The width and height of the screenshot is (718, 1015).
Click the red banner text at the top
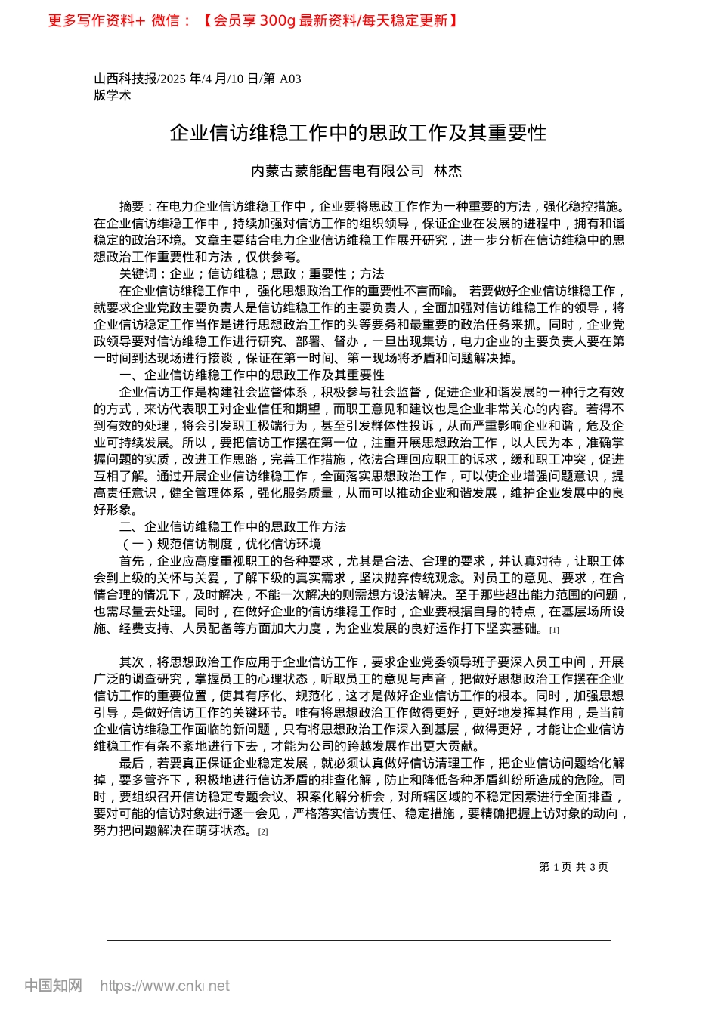point(252,20)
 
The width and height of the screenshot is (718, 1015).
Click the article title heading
point(358,133)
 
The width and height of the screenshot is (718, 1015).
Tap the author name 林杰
point(447,171)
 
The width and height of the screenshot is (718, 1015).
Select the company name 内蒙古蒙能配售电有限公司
point(337,171)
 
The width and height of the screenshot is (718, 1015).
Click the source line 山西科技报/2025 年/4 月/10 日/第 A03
point(197,79)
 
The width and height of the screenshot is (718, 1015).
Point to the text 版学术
point(112,95)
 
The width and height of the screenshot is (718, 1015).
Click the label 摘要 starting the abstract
point(132,206)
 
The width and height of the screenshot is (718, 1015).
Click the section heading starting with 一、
point(252,375)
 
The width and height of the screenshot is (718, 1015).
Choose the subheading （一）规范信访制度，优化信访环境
point(220,544)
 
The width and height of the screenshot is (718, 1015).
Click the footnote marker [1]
point(554,630)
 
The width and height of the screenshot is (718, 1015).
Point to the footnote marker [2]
point(263,832)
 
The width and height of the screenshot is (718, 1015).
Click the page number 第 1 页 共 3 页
point(573,867)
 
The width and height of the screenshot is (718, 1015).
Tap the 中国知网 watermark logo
point(53,986)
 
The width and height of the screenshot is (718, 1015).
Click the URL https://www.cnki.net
point(165,986)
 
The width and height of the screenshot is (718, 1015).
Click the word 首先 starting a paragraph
point(132,561)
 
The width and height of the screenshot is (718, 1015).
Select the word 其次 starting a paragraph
point(132,662)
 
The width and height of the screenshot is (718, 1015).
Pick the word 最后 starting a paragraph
point(132,764)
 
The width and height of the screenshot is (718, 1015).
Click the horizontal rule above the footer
point(358,940)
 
